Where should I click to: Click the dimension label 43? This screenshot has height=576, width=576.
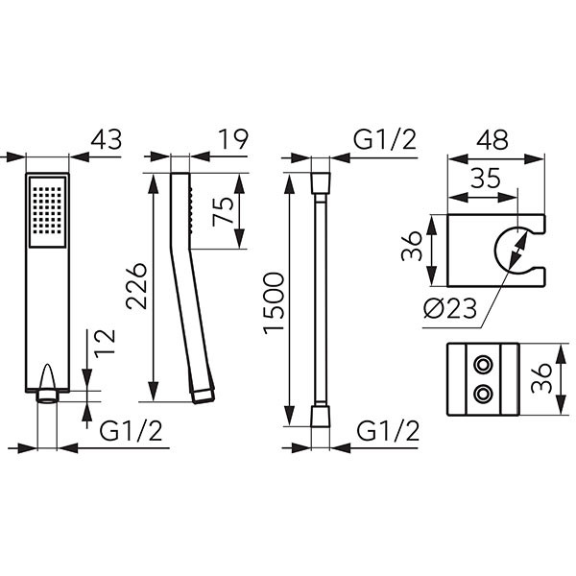point(107,140)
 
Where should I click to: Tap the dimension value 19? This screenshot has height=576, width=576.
point(233,139)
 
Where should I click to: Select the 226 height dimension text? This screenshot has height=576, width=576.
point(136,286)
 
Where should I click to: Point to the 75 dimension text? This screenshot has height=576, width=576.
point(223,211)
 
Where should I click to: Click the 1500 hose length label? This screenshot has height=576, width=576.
point(274,303)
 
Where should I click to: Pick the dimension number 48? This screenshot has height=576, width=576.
point(494,140)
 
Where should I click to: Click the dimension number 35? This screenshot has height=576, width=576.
point(486,179)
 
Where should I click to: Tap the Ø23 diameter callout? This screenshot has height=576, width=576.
point(450,308)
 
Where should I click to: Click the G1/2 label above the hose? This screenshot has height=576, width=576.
point(385,140)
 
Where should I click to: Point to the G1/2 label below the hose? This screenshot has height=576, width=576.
point(388,431)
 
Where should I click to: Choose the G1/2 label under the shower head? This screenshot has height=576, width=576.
point(131,431)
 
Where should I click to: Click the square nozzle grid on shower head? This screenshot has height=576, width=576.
point(47,211)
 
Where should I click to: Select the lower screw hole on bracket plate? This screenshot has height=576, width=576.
point(482,395)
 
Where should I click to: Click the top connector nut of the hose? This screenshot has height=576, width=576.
point(321,182)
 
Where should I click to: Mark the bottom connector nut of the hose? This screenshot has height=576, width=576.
point(321,417)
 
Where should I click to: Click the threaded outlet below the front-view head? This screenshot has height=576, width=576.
point(47,397)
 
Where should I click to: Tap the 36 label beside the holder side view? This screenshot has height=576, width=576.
point(412,246)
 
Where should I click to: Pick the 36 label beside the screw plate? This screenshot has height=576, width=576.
point(541,378)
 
